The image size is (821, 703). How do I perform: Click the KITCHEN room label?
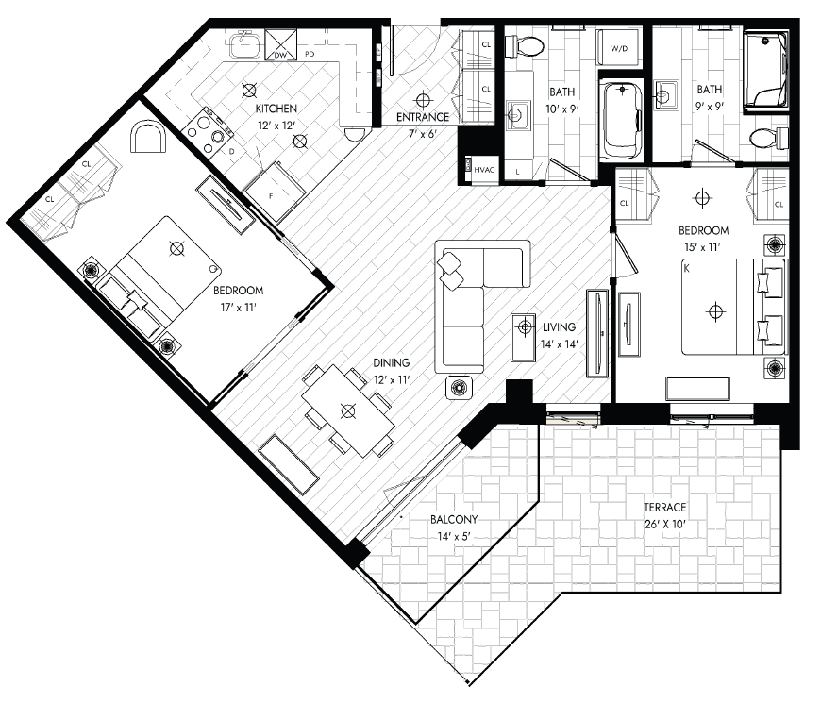tap(276, 109)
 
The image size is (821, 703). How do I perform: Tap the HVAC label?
tap(484, 170)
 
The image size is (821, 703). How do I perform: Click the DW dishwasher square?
tap(280, 44)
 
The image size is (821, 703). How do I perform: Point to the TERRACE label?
tap(664, 507)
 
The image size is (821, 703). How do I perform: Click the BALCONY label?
tap(454, 519)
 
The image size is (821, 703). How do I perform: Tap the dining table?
tap(348, 410)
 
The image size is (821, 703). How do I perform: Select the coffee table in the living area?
tap(524, 338)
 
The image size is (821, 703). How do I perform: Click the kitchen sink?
tap(244, 44)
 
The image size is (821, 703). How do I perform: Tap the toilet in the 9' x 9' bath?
tap(768, 138)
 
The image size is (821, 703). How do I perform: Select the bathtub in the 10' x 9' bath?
tap(621, 121)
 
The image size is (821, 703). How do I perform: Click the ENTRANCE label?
tap(423, 117)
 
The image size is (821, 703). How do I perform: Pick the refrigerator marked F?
tap(276, 191)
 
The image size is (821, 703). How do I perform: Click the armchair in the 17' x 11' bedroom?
tap(148, 136)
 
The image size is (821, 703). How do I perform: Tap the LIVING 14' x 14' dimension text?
tap(560, 343)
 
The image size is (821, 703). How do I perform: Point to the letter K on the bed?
tap(686, 269)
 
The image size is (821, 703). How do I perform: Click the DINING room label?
tap(391, 362)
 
